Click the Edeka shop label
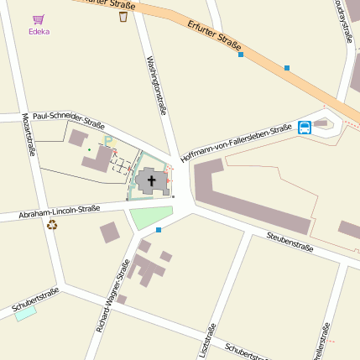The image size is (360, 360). (39, 32)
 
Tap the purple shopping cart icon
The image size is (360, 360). (39, 18)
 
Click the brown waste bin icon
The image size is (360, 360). (123, 16)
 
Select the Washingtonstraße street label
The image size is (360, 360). (156, 83)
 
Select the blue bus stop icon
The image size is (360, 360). (304, 128)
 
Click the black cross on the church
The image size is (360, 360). (152, 179)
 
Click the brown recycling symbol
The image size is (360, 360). (52, 225)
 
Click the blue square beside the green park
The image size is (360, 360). (159, 229)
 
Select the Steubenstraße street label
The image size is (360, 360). (290, 243)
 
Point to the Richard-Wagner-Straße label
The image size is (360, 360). (112, 296)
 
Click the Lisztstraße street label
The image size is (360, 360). (209, 340)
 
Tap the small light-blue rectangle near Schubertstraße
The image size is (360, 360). (25, 313)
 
